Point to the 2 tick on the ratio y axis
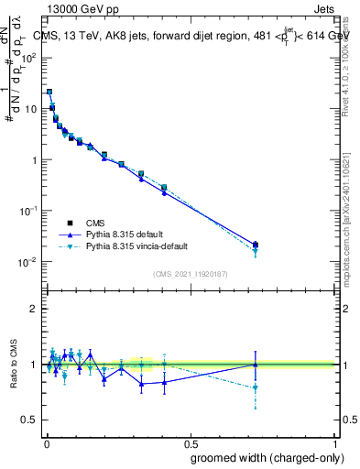(34, 309)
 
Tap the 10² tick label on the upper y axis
(30, 57)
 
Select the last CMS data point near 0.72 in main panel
(255, 245)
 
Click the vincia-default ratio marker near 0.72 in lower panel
(255, 387)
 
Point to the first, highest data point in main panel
(49, 92)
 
